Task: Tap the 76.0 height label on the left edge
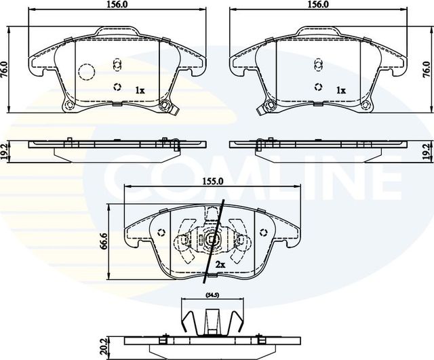[4, 69]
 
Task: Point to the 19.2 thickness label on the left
[5, 151]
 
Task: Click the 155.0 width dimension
[212, 182]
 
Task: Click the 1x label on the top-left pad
[140, 89]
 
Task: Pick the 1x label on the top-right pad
[341, 89]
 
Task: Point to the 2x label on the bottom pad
[220, 264]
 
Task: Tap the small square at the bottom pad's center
[212, 239]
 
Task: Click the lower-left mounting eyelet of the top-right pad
[269, 105]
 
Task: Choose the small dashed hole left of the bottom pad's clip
[161, 234]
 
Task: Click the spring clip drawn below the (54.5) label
[212, 317]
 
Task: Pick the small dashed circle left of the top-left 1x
[117, 87]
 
